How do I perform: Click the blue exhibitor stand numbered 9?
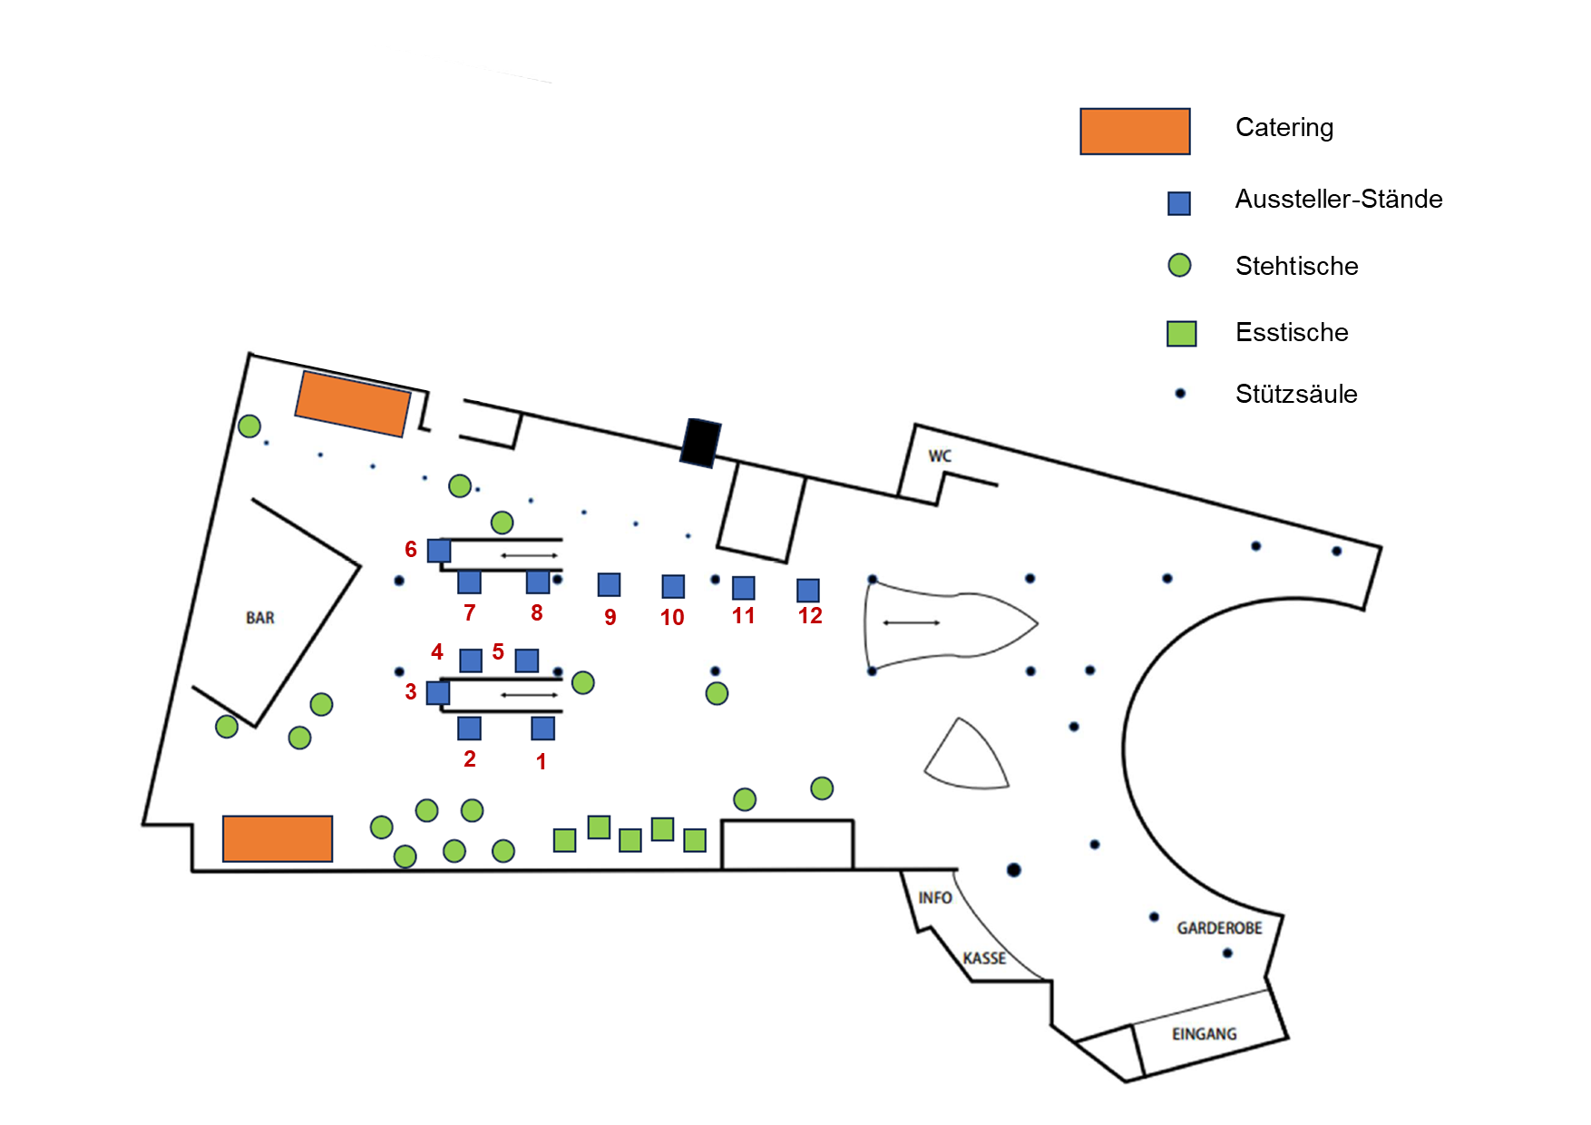(609, 584)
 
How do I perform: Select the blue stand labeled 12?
(808, 590)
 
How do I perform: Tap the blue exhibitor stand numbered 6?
(439, 551)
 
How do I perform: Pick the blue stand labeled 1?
(542, 728)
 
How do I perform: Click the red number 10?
(672, 618)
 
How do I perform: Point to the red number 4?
(437, 651)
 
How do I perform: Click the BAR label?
(260, 618)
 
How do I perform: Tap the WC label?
(940, 455)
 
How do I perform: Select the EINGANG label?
(1204, 1034)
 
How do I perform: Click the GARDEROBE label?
(1219, 928)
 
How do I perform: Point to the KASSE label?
(984, 958)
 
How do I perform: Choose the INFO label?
(934, 897)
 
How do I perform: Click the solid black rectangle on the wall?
(701, 443)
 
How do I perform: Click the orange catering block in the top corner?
(353, 404)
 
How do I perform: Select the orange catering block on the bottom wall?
(278, 838)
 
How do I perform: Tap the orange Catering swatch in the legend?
(1135, 132)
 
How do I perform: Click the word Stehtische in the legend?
(1296, 266)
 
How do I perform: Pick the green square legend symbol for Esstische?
(1181, 333)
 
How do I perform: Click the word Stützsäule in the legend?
(1296, 394)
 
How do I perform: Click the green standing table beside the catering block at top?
(249, 426)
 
